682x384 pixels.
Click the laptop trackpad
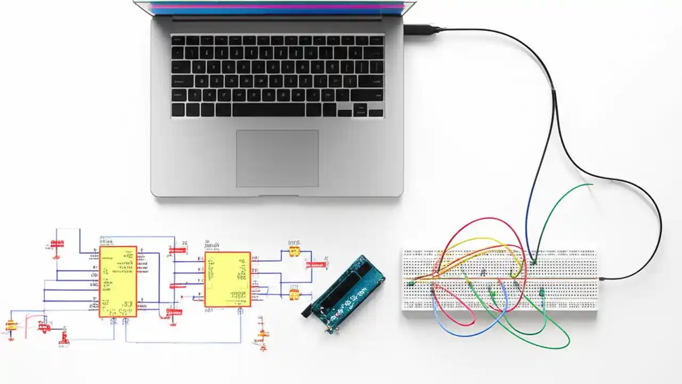click(277, 158)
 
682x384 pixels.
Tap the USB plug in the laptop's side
click(421, 30)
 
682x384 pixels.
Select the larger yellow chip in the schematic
click(118, 282)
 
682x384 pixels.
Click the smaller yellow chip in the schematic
click(228, 279)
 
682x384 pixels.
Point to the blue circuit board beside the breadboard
click(347, 293)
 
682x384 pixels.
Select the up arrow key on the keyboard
click(360, 107)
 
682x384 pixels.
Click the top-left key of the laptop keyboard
click(178, 41)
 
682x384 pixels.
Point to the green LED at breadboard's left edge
click(412, 284)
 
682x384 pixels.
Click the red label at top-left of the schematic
click(57, 244)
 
